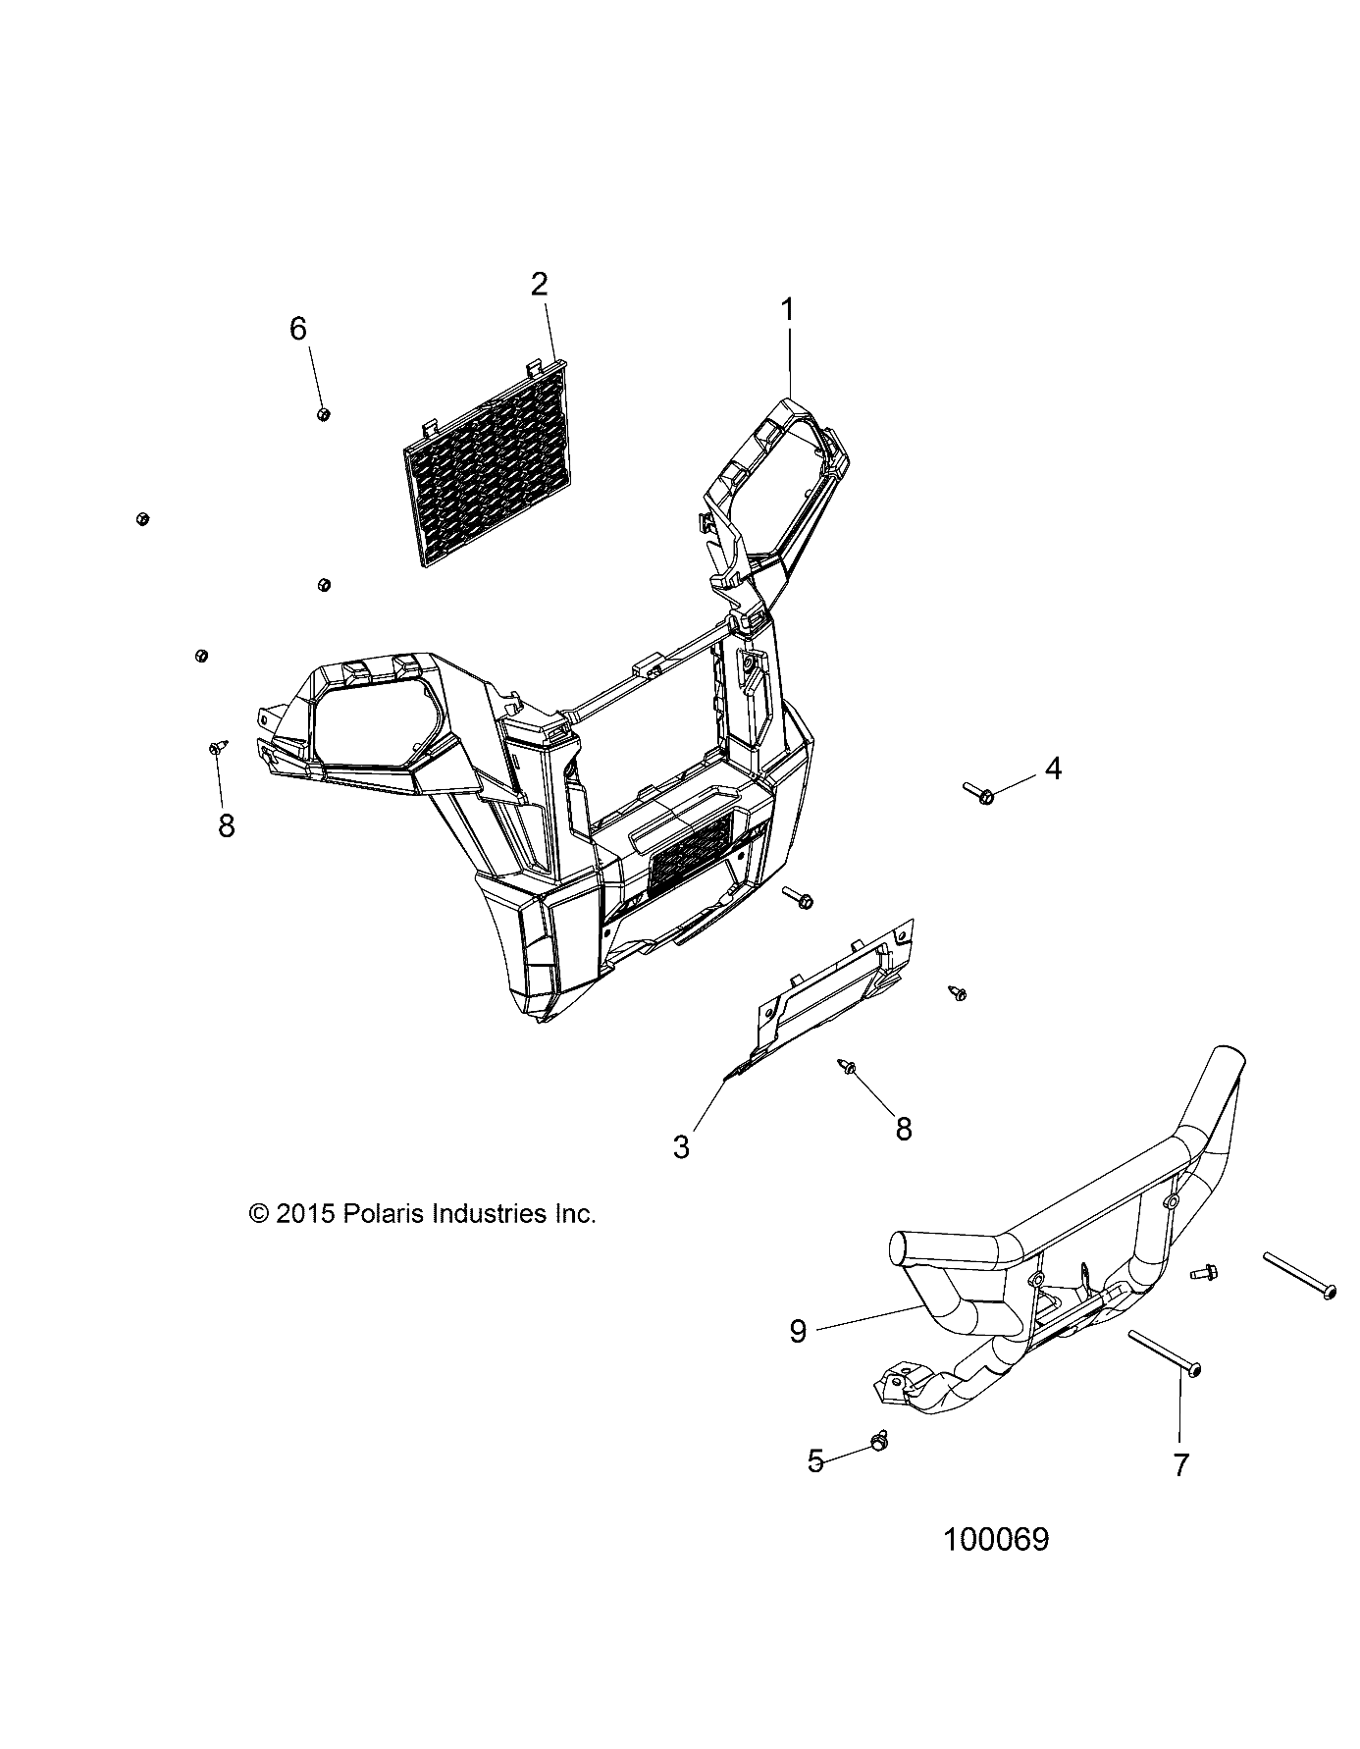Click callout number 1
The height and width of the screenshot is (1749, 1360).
click(787, 311)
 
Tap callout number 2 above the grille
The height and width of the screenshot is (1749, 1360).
click(539, 286)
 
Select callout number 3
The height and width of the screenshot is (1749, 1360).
click(682, 1146)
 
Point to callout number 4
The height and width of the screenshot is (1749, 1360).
click(1053, 768)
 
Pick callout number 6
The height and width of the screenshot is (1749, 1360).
click(298, 329)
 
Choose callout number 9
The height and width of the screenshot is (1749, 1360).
click(798, 1331)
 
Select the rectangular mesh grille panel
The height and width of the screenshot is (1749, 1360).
click(486, 460)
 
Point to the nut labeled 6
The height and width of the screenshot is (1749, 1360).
click(323, 414)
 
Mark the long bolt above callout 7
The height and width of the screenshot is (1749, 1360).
click(1167, 1355)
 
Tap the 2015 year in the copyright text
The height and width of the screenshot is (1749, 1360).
click(306, 1213)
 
